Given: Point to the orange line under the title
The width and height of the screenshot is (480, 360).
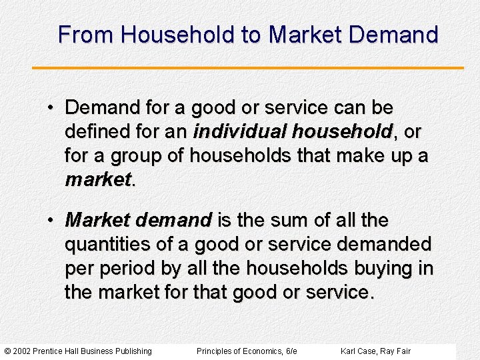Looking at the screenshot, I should click(247, 67).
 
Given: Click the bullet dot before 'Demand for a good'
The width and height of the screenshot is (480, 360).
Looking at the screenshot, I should click(51, 108).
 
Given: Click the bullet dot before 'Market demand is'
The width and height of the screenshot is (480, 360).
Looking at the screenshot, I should click(51, 221).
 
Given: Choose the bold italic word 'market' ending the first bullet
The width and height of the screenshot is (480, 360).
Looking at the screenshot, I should click(97, 179).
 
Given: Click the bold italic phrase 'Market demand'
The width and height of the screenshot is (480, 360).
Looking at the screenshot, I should click(138, 220).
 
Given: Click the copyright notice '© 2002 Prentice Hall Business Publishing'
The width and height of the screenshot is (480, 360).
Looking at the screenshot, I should click(78, 351).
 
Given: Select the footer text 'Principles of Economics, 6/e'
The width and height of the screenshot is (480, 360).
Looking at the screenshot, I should click(247, 351).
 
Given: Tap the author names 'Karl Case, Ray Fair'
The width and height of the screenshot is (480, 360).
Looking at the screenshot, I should click(375, 351).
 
